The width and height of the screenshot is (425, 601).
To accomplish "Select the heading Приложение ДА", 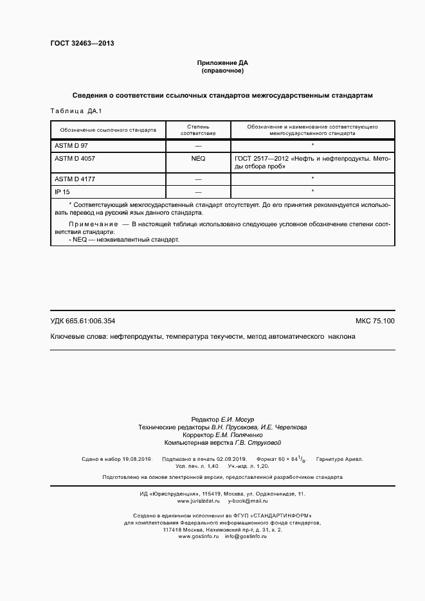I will click(x=222, y=63).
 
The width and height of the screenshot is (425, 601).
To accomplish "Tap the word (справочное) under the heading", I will click(x=222, y=71).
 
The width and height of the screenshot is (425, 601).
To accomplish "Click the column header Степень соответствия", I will click(x=198, y=130).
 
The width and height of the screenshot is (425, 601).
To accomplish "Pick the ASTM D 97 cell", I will click(x=71, y=147).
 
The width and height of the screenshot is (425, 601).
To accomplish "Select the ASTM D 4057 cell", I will click(x=75, y=157).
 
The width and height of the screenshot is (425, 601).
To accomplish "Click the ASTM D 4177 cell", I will click(x=75, y=179).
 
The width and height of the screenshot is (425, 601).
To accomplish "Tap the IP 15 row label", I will click(x=62, y=192).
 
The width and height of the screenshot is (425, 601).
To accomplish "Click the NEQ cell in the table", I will click(x=198, y=157).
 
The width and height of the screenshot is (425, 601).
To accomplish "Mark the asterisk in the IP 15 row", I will click(x=312, y=192).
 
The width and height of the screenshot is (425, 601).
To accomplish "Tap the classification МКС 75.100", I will click(x=375, y=320).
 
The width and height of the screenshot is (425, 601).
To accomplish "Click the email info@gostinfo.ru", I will click(x=246, y=518).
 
